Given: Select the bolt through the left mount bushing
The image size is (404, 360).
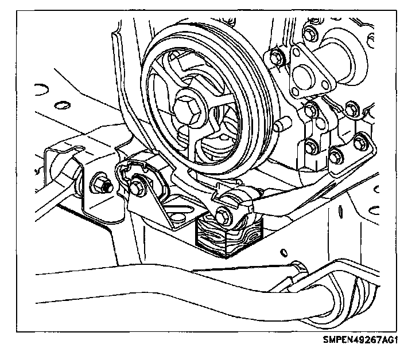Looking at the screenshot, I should point(138,187).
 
